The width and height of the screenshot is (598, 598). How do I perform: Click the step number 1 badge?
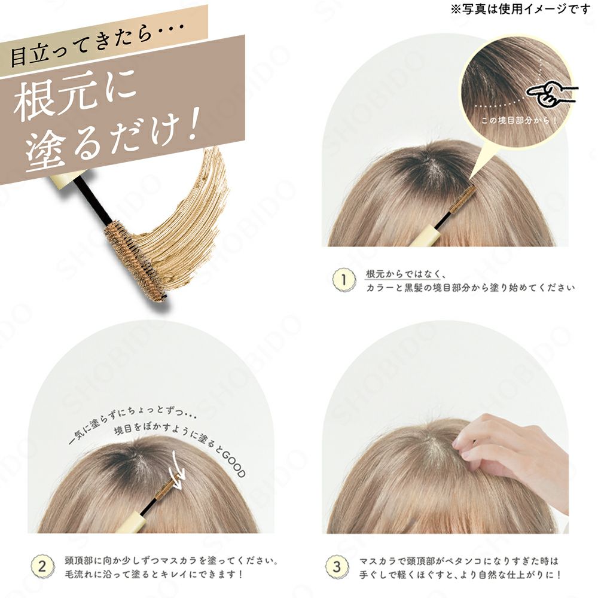point(343,280)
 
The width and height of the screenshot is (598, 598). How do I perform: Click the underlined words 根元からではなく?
point(402,274)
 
